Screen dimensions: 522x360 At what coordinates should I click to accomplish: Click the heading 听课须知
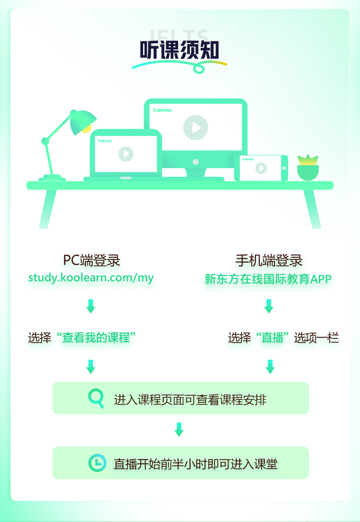pos(180,50)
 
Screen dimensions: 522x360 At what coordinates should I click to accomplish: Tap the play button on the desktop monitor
pos(195,127)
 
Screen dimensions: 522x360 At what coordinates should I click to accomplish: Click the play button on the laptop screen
pos(126,154)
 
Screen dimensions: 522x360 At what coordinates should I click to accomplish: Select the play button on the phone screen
pos(261,168)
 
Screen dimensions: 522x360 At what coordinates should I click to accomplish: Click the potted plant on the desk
pos(308,168)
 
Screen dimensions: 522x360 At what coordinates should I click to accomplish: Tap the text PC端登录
pos(91,260)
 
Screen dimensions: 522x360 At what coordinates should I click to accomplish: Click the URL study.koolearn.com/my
pos(91,278)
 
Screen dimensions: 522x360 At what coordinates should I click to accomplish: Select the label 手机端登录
pos(269,260)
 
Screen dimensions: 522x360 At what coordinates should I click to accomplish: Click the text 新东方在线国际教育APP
pos(268,279)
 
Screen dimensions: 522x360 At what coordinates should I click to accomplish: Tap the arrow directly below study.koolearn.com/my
pos(91,306)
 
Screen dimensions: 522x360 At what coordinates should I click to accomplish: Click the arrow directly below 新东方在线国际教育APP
pos(269,306)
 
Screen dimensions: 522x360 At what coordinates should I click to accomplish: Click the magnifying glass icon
pos(96,398)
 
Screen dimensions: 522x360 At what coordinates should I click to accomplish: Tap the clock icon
pos(97,462)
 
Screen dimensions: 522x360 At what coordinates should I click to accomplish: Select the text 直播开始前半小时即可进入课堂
pos(195,464)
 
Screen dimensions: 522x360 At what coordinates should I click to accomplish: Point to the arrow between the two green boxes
pos(179,429)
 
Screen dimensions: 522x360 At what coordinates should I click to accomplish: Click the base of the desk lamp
pos(52,178)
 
